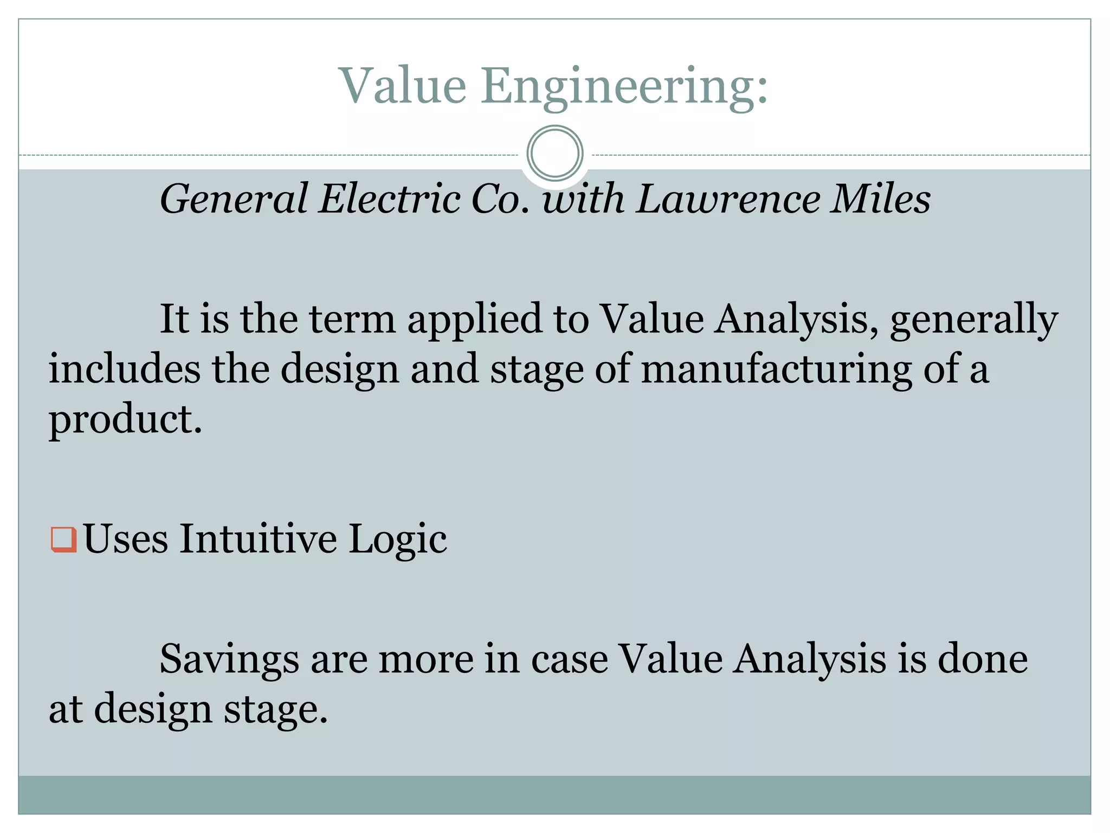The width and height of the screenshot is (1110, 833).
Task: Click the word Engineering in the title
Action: point(624,87)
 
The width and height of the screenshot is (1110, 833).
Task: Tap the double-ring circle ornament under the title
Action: point(554,153)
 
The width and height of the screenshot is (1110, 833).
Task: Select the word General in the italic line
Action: point(234,199)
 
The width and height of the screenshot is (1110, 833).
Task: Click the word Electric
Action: point(389,199)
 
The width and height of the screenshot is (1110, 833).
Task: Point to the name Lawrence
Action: point(728,199)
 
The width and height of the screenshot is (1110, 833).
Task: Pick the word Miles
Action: point(881,199)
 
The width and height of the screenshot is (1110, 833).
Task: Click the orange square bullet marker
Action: point(63,539)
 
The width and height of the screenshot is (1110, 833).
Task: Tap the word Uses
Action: point(126,539)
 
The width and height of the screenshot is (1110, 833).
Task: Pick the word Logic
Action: point(397,540)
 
